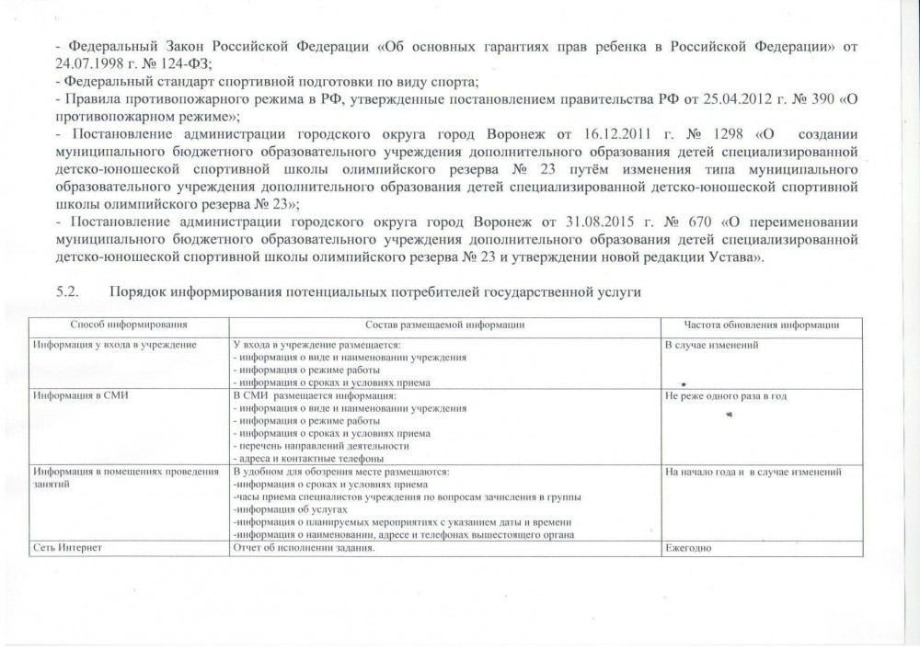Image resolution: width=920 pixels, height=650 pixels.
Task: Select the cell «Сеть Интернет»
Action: coord(65,548)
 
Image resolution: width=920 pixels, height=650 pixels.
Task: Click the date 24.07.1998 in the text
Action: coord(87,62)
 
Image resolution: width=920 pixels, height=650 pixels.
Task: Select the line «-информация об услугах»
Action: coord(290,509)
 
